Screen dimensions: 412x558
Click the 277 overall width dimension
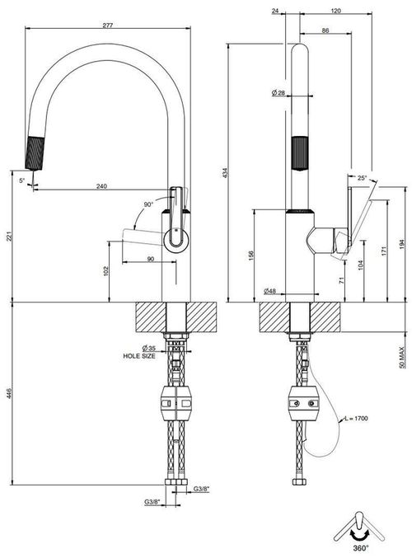tap(107, 26)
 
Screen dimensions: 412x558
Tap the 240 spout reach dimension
tap(101, 185)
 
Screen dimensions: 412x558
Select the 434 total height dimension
tap(225, 172)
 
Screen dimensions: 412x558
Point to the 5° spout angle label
tap(22, 181)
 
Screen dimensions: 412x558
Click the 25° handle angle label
tap(362, 178)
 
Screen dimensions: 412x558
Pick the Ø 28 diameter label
tap(279, 93)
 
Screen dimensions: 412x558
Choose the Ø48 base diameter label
tap(269, 291)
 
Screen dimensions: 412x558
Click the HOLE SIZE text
tap(139, 356)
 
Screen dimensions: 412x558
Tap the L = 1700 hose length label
tap(356, 418)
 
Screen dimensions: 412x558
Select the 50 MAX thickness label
tap(401, 357)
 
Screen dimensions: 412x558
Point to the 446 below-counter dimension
tap(10, 394)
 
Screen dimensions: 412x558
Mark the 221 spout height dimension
tap(10, 237)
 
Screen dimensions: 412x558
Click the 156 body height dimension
tap(251, 256)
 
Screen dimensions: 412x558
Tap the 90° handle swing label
tap(148, 204)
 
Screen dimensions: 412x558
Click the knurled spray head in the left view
tap(35, 153)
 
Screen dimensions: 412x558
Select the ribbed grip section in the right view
tap(300, 153)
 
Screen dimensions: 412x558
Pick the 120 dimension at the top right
tap(336, 11)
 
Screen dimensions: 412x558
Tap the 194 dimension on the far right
tap(401, 244)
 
